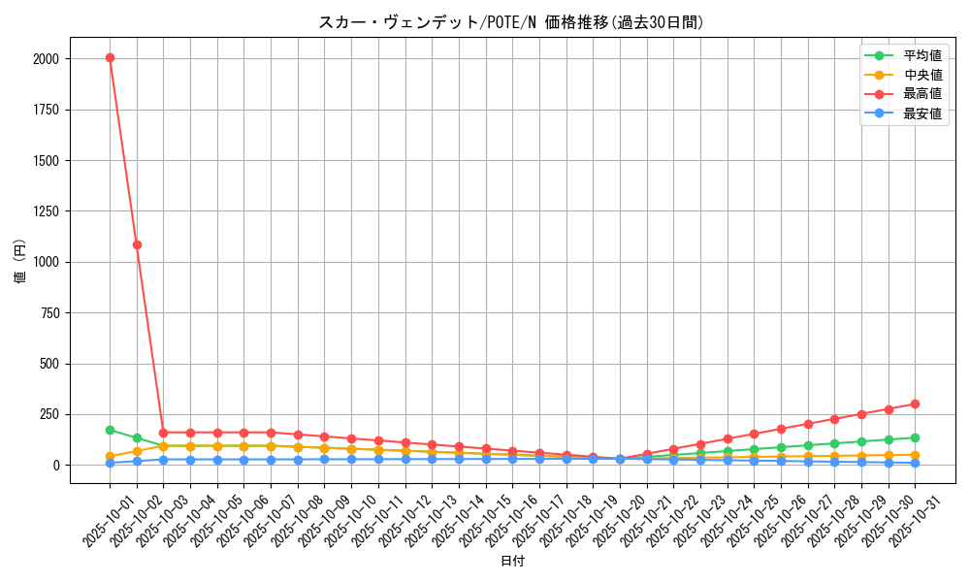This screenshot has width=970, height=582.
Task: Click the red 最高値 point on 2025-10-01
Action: [x=110, y=57]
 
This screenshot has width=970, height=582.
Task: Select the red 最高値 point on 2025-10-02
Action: [x=137, y=244]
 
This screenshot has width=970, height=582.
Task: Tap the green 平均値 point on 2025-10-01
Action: [x=110, y=430]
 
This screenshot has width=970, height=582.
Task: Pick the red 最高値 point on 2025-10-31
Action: [x=915, y=404]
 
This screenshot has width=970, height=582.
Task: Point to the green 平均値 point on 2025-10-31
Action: [x=915, y=437]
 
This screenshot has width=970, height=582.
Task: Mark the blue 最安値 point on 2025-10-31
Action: [x=915, y=463]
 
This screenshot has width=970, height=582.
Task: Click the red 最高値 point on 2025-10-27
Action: [x=807, y=424]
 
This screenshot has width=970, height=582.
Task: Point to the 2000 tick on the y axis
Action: [x=45, y=59]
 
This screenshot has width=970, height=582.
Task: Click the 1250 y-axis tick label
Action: [x=45, y=211]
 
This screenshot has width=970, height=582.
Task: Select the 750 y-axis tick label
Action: [x=48, y=313]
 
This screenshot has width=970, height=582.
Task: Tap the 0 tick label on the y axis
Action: [x=56, y=466]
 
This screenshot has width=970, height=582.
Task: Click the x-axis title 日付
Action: [x=512, y=562]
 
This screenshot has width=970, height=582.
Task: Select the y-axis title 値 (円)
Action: [x=19, y=261]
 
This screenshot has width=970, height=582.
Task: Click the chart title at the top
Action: [x=512, y=22]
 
